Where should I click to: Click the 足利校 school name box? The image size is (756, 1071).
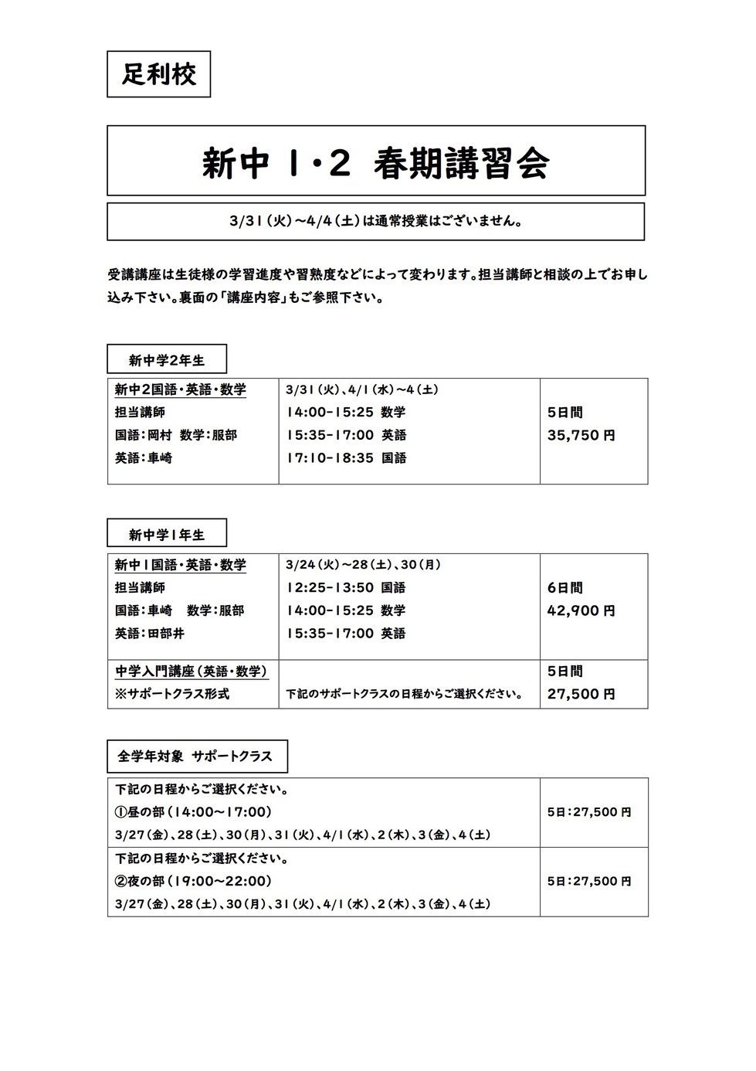click(x=158, y=74)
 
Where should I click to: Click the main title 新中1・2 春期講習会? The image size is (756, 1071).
click(x=375, y=162)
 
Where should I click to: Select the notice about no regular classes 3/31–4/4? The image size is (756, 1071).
click(x=375, y=222)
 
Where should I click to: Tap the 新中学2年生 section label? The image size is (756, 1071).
click(x=167, y=360)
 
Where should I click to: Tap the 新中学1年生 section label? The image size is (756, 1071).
click(x=167, y=535)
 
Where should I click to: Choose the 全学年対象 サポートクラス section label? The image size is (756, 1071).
click(x=196, y=756)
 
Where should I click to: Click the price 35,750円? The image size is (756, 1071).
click(x=581, y=435)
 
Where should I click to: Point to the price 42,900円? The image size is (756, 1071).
click(x=581, y=610)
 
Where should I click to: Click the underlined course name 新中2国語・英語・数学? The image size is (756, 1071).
click(x=181, y=389)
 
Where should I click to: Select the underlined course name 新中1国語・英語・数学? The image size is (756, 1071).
click(x=181, y=565)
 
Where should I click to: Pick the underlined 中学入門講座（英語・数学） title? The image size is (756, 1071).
click(x=191, y=671)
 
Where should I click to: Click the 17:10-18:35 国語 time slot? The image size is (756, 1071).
click(x=346, y=458)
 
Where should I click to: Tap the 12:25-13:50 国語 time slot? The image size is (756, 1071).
click(x=346, y=588)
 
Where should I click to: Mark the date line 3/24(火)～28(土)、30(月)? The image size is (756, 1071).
click(x=363, y=565)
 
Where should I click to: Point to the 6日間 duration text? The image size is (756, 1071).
click(x=564, y=588)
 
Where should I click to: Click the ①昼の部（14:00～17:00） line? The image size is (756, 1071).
click(x=194, y=812)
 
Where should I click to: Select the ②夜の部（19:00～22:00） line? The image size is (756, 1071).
click(x=194, y=881)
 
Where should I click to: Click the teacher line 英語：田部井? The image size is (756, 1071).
click(x=150, y=634)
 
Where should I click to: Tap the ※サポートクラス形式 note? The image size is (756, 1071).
click(x=172, y=694)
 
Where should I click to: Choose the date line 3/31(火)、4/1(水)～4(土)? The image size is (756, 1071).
click(x=362, y=390)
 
